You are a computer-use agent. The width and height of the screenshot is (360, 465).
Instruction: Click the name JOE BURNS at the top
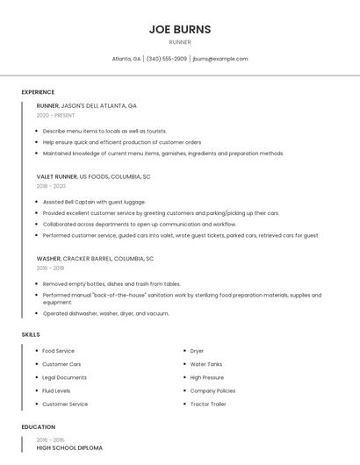pos(179,29)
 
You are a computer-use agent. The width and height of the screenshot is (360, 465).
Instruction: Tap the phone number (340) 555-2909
pos(167,59)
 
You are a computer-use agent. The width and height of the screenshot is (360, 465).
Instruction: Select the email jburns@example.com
pos(220,59)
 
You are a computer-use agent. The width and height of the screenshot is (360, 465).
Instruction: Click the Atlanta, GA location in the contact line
pos(126,59)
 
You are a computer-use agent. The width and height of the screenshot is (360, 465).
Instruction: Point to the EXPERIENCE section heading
pos(38,92)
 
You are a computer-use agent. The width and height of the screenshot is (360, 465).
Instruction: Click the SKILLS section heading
pos(31,334)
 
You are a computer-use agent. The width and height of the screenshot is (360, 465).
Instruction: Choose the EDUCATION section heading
pos(38,427)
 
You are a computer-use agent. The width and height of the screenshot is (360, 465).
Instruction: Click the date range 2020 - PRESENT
pos(55,115)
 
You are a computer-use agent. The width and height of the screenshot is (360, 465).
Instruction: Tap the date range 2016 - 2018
pos(51,268)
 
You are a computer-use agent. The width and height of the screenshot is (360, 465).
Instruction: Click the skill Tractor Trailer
pos(208,404)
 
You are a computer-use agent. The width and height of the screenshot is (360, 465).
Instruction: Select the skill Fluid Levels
pos(56,390)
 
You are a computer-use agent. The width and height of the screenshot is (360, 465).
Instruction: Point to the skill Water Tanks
pos(206,364)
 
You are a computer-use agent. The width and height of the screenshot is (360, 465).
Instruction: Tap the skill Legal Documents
pos(64,377)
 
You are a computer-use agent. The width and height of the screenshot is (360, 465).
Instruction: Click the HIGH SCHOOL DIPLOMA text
pos(69,448)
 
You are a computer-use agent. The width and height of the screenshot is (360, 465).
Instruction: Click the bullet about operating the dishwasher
pos(105,313)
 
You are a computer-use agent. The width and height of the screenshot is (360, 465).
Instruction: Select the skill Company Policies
pos(212,390)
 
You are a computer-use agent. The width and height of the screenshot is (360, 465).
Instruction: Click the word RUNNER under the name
pos(179,42)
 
